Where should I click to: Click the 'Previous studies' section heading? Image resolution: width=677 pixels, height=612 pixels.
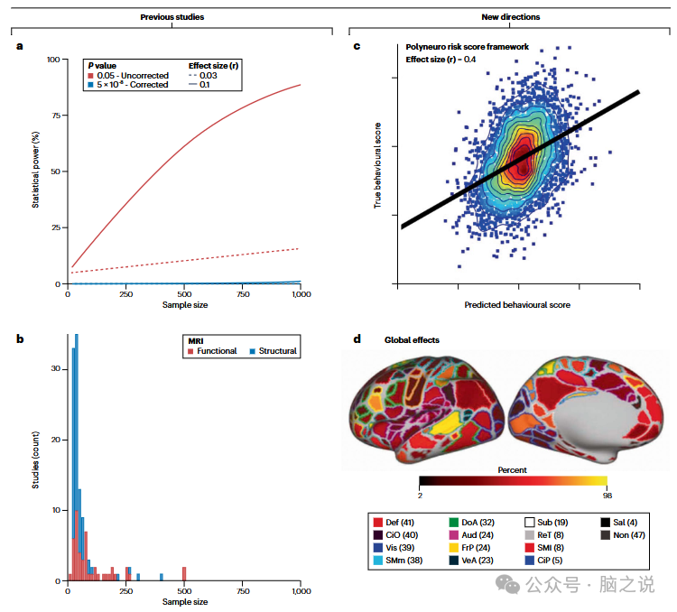click(x=172, y=17)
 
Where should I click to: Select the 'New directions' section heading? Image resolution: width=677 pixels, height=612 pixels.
click(x=511, y=17)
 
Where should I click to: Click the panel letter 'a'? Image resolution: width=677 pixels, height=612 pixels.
click(x=20, y=46)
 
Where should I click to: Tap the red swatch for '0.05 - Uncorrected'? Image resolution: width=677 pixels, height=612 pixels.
click(x=90, y=76)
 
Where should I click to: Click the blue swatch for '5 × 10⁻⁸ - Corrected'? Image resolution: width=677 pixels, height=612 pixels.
click(x=90, y=86)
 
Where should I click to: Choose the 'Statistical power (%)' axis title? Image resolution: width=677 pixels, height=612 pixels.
click(x=36, y=172)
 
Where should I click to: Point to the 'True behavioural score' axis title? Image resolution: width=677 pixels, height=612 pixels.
click(x=377, y=166)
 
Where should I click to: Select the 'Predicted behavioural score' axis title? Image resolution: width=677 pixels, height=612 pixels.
click(x=516, y=305)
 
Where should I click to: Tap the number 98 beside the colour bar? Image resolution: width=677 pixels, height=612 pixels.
click(x=607, y=496)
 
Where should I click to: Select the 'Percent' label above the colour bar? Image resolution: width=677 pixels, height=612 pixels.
click(x=512, y=469)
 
